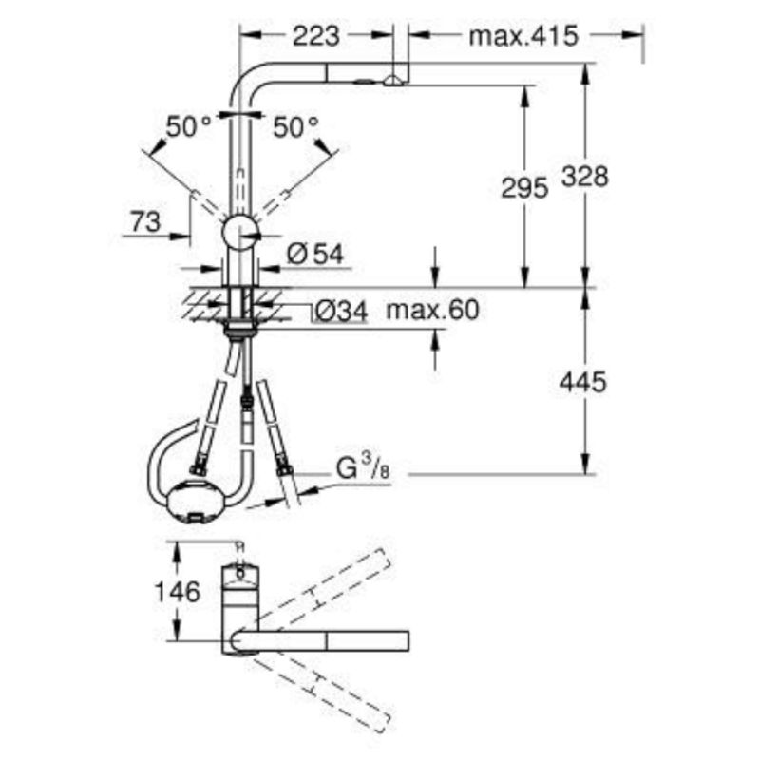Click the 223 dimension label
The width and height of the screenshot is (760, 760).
[316, 36]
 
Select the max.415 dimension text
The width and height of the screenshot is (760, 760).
[523, 36]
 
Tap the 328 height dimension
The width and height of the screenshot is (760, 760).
[585, 177]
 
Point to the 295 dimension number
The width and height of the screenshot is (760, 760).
[524, 187]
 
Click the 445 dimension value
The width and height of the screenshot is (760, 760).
[582, 382]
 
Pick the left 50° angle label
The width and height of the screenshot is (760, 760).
[188, 127]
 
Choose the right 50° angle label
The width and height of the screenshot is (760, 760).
[295, 127]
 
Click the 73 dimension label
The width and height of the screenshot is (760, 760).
[145, 222]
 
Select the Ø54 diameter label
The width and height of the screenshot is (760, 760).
[315, 254]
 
